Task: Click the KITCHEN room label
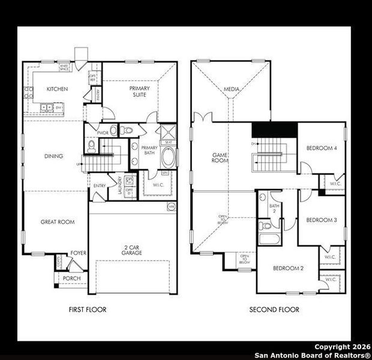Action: (x=57, y=89)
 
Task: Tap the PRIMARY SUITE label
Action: (x=140, y=91)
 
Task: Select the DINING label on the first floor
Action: (x=53, y=157)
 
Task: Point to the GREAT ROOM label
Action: (x=57, y=222)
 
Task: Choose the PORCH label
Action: (x=71, y=278)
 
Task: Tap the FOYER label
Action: (x=78, y=253)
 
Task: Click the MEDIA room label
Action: (x=232, y=89)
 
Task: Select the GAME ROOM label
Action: (x=220, y=158)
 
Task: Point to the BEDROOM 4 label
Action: (x=322, y=148)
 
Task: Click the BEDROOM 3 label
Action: (x=321, y=220)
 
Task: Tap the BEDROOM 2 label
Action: (x=287, y=268)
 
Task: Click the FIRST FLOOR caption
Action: (x=88, y=310)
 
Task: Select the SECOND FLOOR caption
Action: (x=274, y=310)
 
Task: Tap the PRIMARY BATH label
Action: (x=149, y=150)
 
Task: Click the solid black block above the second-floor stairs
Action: (x=274, y=129)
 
